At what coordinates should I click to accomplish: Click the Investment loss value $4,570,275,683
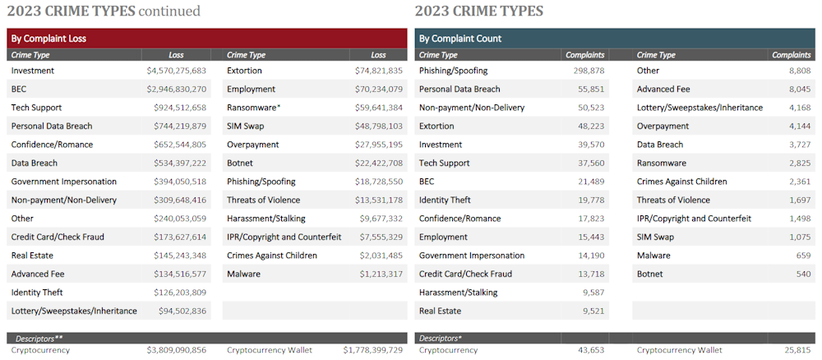click(176, 71)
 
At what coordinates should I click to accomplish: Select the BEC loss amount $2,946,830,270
click(176, 89)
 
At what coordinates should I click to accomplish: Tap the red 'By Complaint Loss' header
click(207, 38)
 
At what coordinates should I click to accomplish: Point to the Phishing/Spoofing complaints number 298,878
click(586, 71)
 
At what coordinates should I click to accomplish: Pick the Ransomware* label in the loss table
click(254, 108)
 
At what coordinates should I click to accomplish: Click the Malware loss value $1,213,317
click(376, 274)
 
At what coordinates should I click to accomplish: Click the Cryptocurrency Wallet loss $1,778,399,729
click(373, 350)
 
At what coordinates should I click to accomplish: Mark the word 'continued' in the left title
click(169, 11)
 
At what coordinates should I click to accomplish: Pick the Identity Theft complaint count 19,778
click(590, 200)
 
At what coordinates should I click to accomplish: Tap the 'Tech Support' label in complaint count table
click(444, 163)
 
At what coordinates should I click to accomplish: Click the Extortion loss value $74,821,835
click(374, 71)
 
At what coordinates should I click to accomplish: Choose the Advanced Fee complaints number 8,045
click(797, 89)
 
